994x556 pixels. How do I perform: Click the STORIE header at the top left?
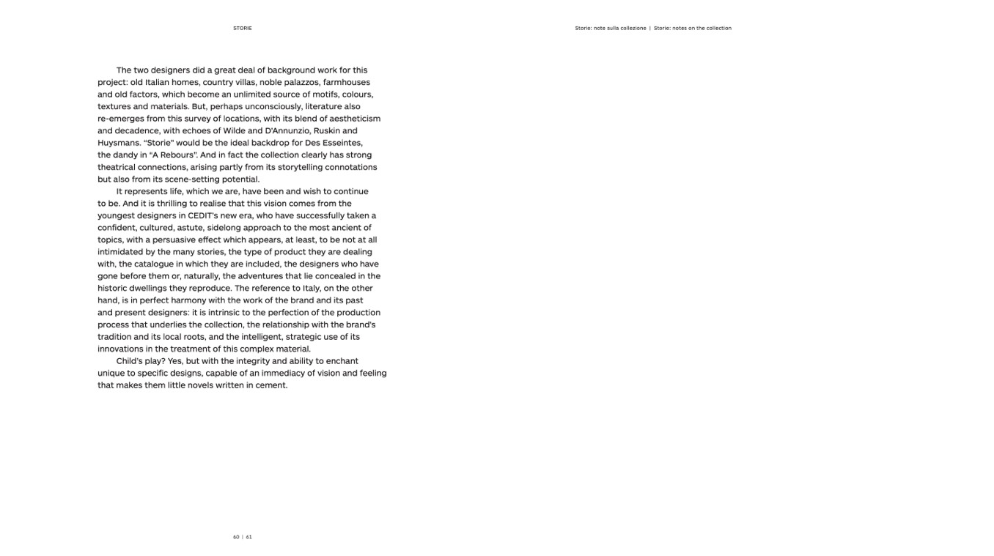click(242, 29)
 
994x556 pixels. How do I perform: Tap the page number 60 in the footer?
click(236, 537)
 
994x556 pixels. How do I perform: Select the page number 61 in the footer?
click(249, 537)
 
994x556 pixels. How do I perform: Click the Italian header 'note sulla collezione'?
click(620, 29)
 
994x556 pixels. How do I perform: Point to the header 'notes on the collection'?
click(702, 29)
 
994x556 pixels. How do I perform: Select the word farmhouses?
click(347, 83)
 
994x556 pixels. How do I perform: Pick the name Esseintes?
click(341, 143)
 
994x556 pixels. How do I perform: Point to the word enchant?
click(342, 361)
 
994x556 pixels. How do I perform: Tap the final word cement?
click(271, 385)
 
